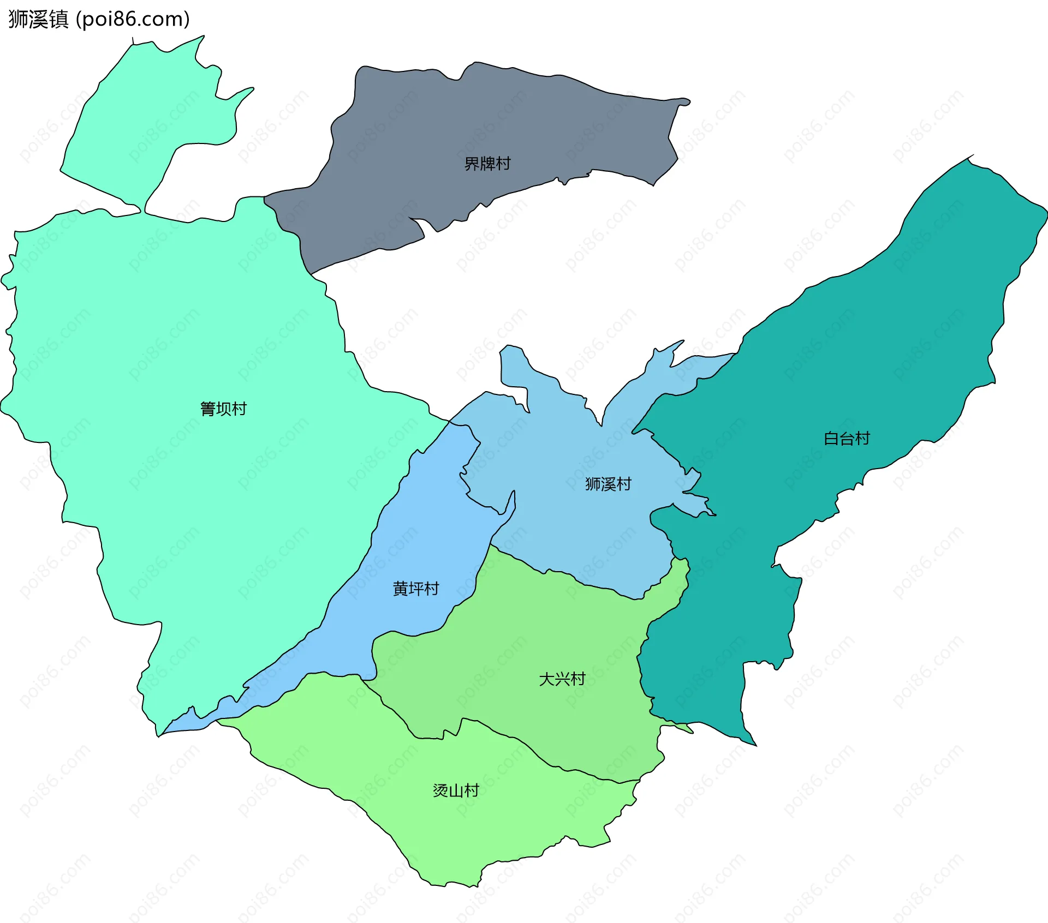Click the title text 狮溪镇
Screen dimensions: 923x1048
click(x=38, y=19)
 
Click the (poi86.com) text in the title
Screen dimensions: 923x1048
click(x=133, y=19)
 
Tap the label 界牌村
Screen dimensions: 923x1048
click(x=487, y=164)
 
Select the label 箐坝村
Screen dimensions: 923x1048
click(x=223, y=409)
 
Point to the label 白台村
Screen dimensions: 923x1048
click(x=847, y=439)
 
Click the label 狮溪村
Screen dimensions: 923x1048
click(x=608, y=484)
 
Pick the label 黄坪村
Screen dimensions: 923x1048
click(x=416, y=589)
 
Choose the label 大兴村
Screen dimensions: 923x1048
click(x=562, y=679)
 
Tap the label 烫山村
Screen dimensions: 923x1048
click(x=456, y=790)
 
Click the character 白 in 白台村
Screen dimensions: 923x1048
click(x=831, y=439)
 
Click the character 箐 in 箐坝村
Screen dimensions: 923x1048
click(x=208, y=409)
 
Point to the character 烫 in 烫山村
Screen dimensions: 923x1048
click(x=440, y=790)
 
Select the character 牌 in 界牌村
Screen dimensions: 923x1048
click(x=487, y=164)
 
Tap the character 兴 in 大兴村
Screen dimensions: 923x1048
click(x=562, y=679)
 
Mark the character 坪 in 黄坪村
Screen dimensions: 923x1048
click(x=416, y=589)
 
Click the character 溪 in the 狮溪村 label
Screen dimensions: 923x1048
click(x=608, y=484)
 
